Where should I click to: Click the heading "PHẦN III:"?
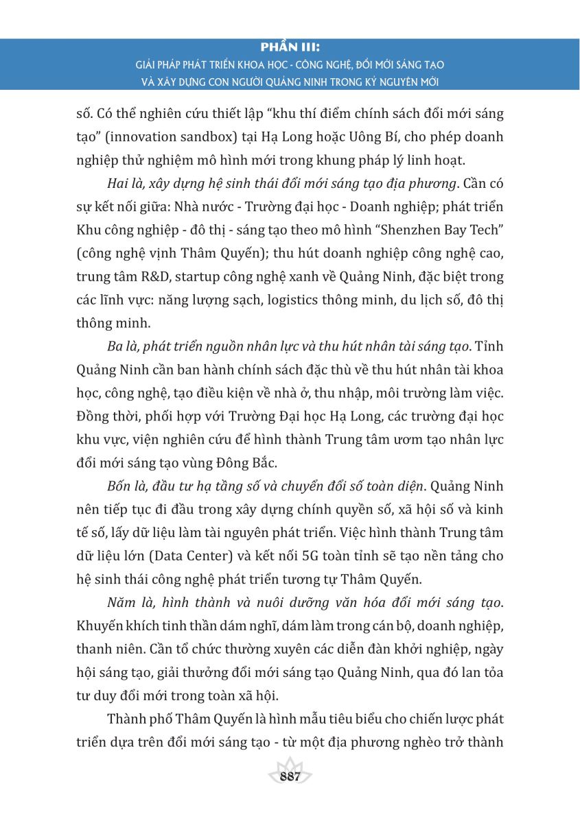coord(290,49)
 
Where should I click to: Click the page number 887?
coord(290,776)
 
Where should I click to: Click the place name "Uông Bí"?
coord(362,136)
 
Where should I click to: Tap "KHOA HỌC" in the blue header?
coord(244,65)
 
